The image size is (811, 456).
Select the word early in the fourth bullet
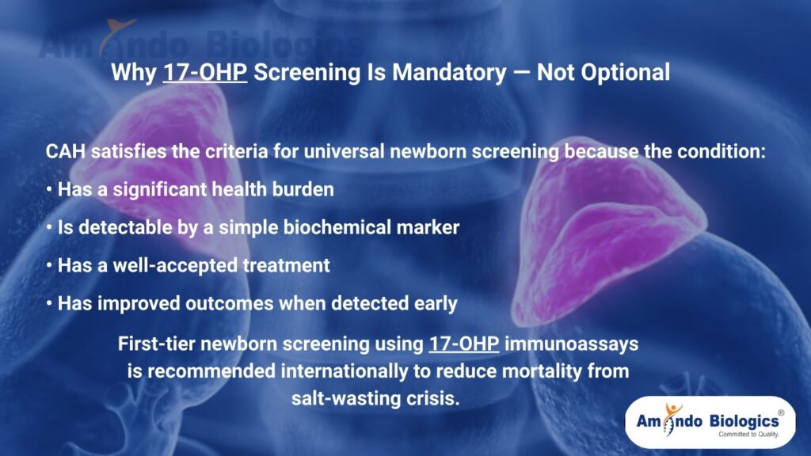pos(434,304)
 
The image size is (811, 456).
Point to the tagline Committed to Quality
pos(748,435)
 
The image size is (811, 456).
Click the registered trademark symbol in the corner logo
pos(781,412)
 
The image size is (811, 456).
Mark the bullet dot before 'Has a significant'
pos(50,190)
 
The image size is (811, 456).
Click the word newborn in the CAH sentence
pos(440,152)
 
